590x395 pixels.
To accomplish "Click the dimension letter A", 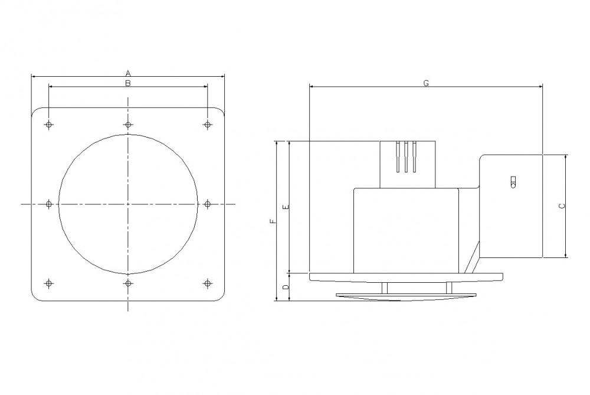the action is point(128,73).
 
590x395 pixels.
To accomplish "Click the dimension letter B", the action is point(128,83).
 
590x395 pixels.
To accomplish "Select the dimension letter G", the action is point(426,83).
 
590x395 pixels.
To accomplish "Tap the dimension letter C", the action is point(561,206).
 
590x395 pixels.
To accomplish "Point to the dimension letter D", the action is point(286,287).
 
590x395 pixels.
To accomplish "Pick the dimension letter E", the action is point(286,207).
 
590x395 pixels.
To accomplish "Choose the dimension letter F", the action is point(273,221).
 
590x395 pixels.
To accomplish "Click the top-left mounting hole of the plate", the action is point(48,125).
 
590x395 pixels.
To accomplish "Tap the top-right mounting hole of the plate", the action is point(207,125).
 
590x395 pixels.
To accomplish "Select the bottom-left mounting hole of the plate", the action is point(48,283).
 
